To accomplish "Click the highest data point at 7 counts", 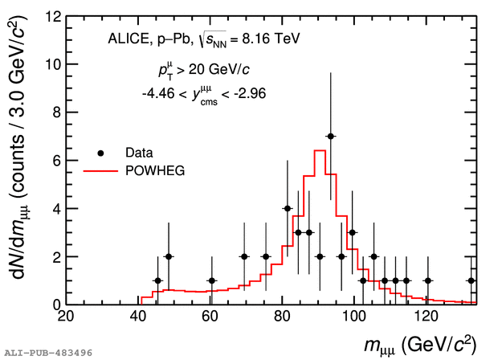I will click(x=330, y=137).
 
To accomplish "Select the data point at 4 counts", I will click(x=288, y=208).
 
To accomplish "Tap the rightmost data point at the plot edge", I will click(x=471, y=280).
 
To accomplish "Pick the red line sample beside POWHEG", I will click(x=100, y=169).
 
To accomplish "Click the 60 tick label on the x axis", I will click(x=210, y=317).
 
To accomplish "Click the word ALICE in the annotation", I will click(x=125, y=39).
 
